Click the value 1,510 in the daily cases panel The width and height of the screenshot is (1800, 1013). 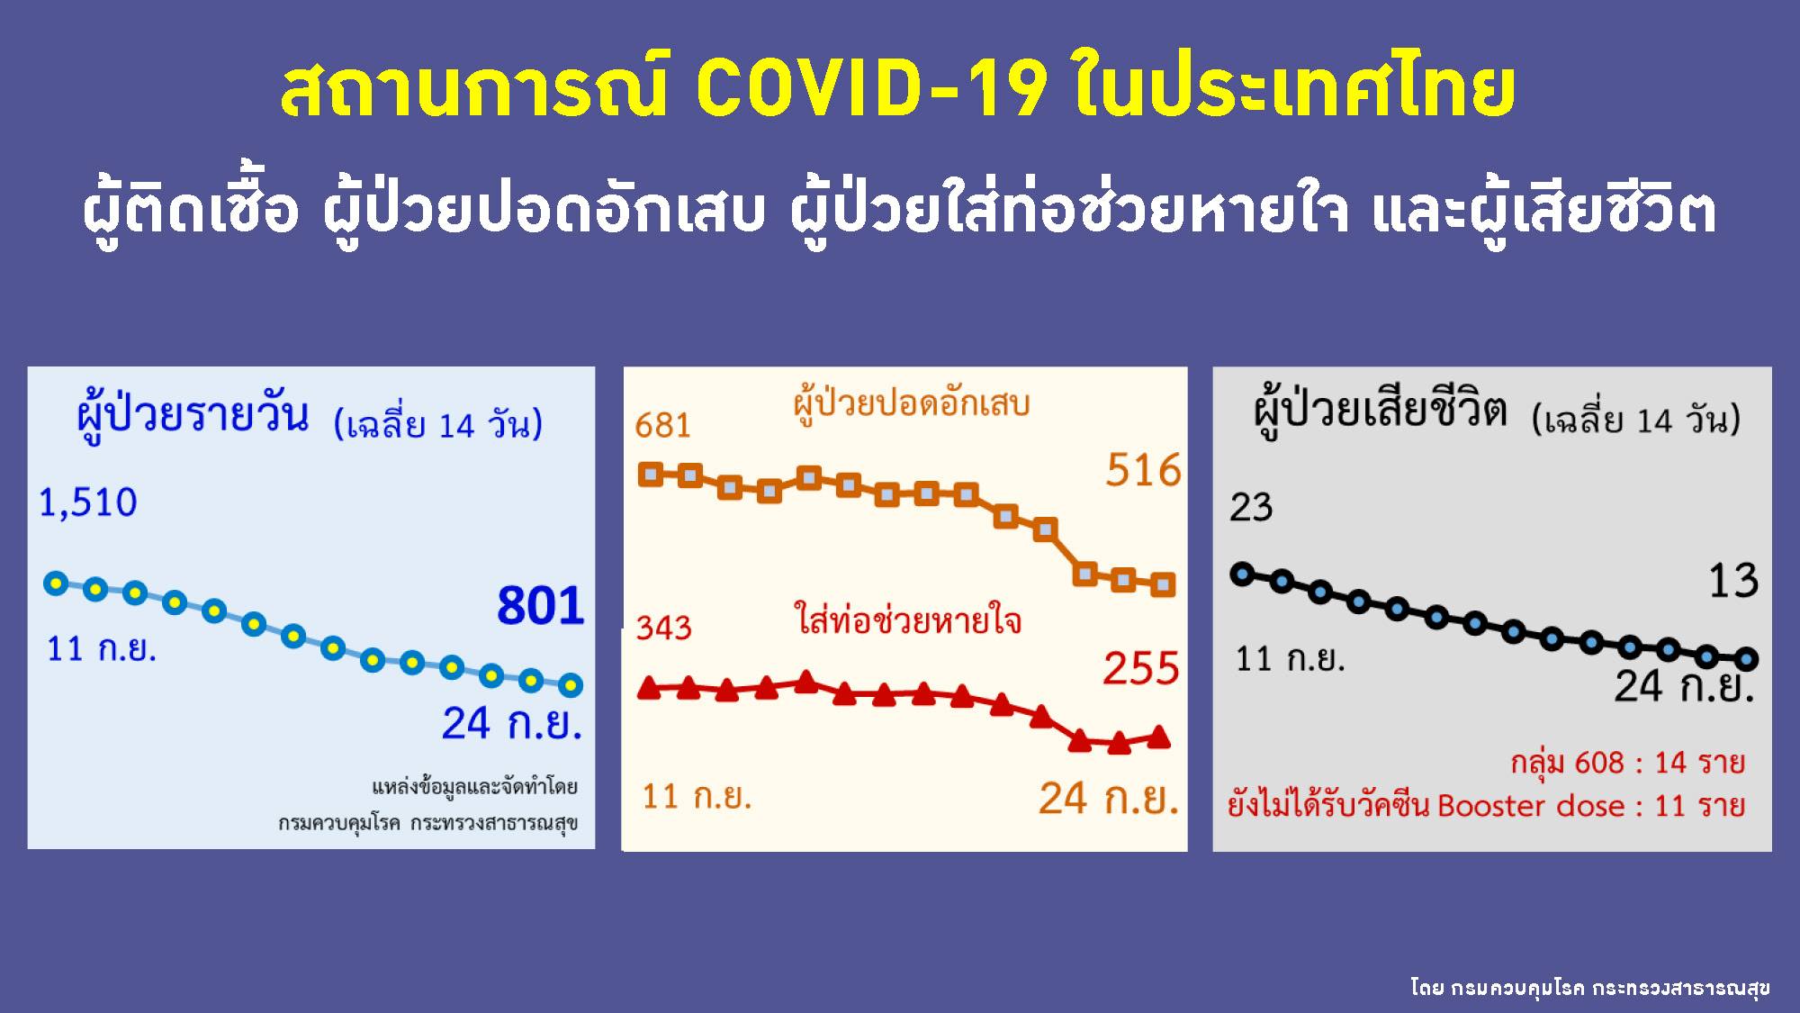click(88, 502)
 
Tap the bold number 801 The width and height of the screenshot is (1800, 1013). click(541, 605)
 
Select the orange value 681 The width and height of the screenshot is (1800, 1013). click(662, 425)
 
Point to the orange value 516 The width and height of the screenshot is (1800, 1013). click(1143, 470)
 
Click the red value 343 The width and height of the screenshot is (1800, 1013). click(664, 627)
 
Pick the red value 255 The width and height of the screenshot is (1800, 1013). click(1141, 669)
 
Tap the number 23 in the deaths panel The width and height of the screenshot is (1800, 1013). click(1251, 508)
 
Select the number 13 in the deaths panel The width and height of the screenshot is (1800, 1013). click(1733, 581)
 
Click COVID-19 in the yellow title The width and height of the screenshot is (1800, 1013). click(870, 90)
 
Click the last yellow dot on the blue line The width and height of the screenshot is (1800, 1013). click(570, 685)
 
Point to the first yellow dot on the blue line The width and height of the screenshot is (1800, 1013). click(56, 583)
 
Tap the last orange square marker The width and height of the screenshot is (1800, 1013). click(1164, 584)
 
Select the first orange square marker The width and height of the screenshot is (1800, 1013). click(650, 475)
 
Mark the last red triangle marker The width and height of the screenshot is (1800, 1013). click(1159, 737)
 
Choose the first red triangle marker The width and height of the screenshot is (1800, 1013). click(649, 689)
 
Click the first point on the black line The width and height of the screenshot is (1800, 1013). click(1242, 574)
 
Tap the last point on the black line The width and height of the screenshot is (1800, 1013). click(1746, 659)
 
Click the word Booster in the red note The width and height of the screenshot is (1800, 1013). click(1489, 805)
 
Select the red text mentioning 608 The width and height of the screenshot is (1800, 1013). click(1627, 763)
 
